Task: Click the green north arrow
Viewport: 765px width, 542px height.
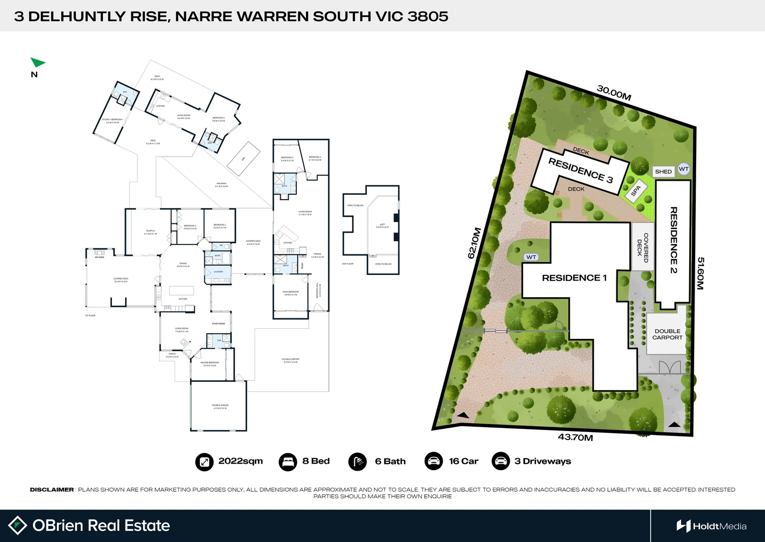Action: tap(37, 63)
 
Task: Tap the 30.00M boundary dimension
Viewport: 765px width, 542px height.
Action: tap(613, 93)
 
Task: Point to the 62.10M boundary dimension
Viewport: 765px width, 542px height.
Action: tap(474, 243)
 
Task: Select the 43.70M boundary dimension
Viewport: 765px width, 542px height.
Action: tap(575, 437)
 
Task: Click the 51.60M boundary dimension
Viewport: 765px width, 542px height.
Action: tap(700, 274)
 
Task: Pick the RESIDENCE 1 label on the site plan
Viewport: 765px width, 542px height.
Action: tap(574, 278)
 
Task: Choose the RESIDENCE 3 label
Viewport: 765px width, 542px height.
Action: tap(580, 171)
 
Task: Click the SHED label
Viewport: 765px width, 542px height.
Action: tap(663, 172)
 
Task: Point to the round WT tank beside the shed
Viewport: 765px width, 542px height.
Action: tap(684, 169)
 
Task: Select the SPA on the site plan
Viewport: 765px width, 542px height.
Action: tap(636, 191)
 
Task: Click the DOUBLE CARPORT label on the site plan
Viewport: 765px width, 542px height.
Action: tap(667, 334)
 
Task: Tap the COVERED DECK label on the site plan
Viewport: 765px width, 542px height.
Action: tap(643, 247)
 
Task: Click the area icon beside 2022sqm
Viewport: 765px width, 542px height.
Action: tap(204, 461)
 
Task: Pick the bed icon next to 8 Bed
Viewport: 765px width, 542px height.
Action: tap(288, 461)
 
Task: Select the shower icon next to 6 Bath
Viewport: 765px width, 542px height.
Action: tap(357, 461)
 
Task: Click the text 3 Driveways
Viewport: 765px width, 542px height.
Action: tap(543, 461)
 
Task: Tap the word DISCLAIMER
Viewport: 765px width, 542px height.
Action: tap(52, 490)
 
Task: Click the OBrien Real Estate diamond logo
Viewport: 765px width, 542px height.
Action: tap(18, 525)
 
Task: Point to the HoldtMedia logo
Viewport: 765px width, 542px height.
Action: tap(711, 526)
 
